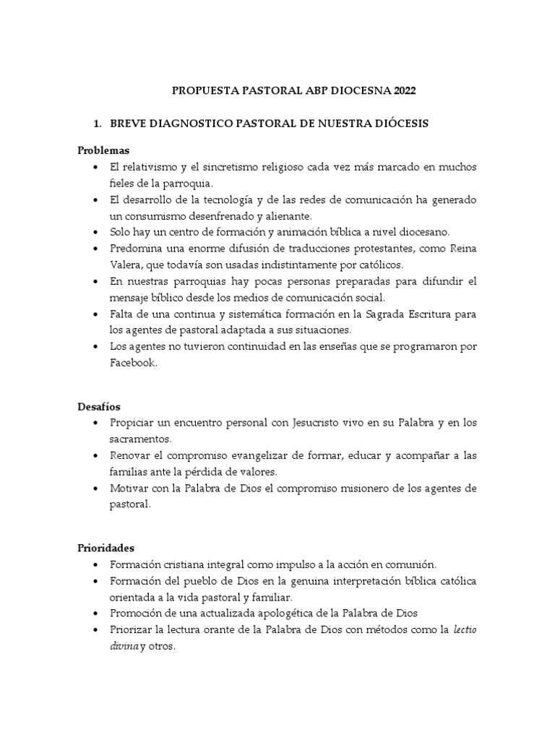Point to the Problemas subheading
[x=103, y=150]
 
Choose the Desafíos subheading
[x=100, y=407]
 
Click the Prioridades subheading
[x=106, y=548]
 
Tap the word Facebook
[x=133, y=364]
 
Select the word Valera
[x=125, y=265]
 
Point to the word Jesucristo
[x=304, y=421]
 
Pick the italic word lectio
[x=465, y=629]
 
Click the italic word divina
[x=124, y=647]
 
